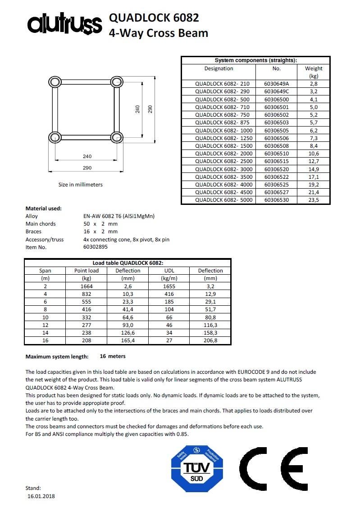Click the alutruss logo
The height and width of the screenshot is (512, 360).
tap(65, 24)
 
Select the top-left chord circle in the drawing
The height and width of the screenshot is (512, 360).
tap(55, 82)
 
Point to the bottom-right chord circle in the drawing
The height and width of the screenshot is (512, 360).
tap(116, 137)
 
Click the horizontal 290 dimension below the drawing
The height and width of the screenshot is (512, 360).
tap(87, 168)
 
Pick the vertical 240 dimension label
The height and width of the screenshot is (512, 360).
tap(137, 109)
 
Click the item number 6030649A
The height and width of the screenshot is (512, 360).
tap(277, 84)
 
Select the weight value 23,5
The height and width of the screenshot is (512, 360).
tap(314, 200)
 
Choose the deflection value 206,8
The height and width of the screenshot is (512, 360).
tap(210, 340)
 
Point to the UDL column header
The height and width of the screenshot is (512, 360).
tap(169, 271)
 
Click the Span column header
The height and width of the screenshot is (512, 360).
tap(45, 271)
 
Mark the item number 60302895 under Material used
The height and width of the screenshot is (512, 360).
tap(96, 247)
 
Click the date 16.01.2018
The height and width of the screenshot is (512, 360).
tap(41, 496)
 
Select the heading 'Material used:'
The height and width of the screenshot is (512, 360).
tap(44, 208)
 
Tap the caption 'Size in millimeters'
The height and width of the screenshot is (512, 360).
tap(81, 185)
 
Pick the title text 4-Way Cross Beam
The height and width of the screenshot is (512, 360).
tap(159, 33)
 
